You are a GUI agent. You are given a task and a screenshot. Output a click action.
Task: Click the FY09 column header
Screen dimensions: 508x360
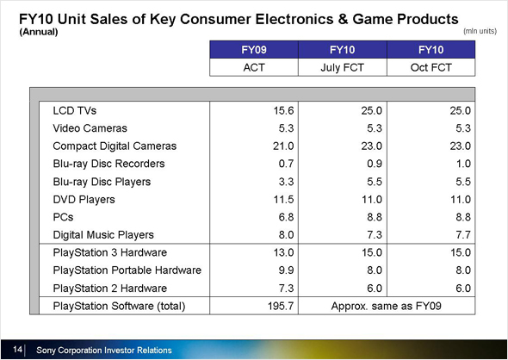tap(254, 50)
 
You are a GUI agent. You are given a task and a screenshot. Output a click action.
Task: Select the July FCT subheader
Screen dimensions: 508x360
tap(343, 68)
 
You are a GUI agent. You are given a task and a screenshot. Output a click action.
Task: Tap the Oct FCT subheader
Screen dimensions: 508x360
tap(431, 67)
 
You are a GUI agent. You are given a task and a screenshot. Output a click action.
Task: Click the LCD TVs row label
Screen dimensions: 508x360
tap(75, 110)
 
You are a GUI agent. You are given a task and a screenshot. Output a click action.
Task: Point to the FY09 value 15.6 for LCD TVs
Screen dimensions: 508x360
tap(283, 110)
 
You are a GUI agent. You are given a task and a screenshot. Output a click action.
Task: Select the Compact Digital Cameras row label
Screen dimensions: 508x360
tap(115, 146)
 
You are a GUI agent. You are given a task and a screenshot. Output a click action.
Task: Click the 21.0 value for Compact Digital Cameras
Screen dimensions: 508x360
tap(283, 146)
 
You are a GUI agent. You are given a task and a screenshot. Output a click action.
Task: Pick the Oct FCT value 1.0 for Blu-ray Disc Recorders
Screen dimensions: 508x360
tap(463, 164)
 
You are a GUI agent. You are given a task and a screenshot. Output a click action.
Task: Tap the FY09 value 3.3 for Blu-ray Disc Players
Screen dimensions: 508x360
tap(286, 182)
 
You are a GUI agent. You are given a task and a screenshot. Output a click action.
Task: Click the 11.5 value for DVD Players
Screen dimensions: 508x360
tap(283, 199)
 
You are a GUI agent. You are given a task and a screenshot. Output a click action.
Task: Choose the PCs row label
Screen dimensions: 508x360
tap(63, 217)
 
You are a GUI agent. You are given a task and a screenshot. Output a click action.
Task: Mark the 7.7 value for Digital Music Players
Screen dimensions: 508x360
tap(463, 234)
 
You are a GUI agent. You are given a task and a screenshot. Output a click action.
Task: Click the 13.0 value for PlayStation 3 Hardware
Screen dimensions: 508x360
tap(283, 252)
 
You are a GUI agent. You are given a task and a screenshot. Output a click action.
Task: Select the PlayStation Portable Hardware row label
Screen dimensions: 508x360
tap(127, 270)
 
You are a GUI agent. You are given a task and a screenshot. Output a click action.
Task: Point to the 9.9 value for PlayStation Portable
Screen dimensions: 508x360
tap(286, 270)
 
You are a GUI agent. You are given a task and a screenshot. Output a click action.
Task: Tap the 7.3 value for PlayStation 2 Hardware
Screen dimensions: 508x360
tap(286, 288)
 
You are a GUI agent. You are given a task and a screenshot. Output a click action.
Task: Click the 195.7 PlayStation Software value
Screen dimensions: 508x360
tap(281, 306)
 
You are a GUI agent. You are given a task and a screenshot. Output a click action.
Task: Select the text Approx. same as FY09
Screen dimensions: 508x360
tap(387, 306)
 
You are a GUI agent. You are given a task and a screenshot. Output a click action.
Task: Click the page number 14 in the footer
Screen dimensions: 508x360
tap(17, 350)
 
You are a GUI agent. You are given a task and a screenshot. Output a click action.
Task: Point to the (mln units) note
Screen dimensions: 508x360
tap(480, 31)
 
